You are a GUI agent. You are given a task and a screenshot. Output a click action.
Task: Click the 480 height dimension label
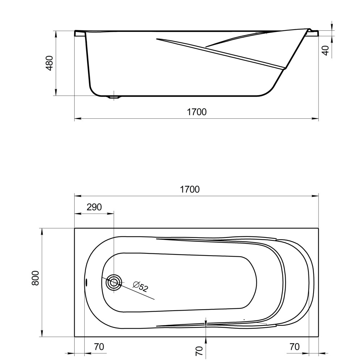50,63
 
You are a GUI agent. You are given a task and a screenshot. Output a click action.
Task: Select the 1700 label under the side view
197,112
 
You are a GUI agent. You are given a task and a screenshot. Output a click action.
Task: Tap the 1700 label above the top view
190,189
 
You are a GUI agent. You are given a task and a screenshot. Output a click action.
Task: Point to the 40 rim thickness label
325,50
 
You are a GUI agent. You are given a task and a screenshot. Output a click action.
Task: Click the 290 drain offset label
94,207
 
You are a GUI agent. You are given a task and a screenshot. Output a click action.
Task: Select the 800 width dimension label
35,278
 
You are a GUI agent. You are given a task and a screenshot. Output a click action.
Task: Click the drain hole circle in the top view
114,282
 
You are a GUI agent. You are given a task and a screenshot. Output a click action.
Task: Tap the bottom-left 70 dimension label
99,346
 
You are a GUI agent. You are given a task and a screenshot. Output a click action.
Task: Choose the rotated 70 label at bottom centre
199,351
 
